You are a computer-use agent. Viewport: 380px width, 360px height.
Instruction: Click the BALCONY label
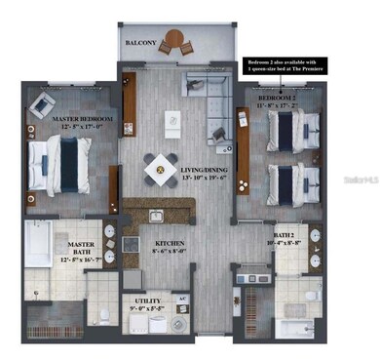coord(142,44)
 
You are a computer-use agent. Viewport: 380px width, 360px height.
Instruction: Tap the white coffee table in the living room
coord(173,126)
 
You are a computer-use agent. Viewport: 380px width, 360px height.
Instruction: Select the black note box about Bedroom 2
coord(288,66)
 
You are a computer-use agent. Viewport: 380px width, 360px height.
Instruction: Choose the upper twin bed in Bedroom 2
coord(292,131)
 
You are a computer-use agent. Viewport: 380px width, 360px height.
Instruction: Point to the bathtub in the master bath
coord(38,246)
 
